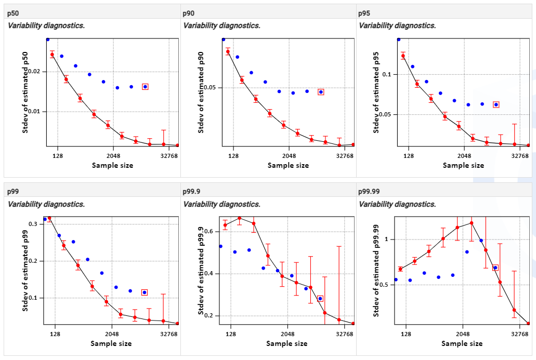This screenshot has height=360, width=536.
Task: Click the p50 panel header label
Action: (x=13, y=13)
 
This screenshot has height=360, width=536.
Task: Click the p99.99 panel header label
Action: (x=369, y=191)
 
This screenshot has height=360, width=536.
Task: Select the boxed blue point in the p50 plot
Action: (x=145, y=87)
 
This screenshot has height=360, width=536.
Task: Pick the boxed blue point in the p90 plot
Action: (x=321, y=92)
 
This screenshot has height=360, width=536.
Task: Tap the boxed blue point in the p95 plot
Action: (x=496, y=104)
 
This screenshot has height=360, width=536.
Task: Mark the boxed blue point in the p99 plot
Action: (x=144, y=292)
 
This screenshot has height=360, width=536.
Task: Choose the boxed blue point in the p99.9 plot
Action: (x=320, y=299)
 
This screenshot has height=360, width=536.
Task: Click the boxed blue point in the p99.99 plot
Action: (x=495, y=268)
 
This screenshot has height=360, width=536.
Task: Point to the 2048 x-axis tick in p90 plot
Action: (x=288, y=155)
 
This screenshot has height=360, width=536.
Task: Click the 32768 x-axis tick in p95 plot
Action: (x=520, y=155)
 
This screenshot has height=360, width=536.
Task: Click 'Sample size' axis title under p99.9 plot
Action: (x=286, y=343)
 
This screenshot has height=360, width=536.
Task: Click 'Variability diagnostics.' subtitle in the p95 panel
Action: (x=397, y=25)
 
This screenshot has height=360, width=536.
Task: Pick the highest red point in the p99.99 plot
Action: (x=472, y=223)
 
